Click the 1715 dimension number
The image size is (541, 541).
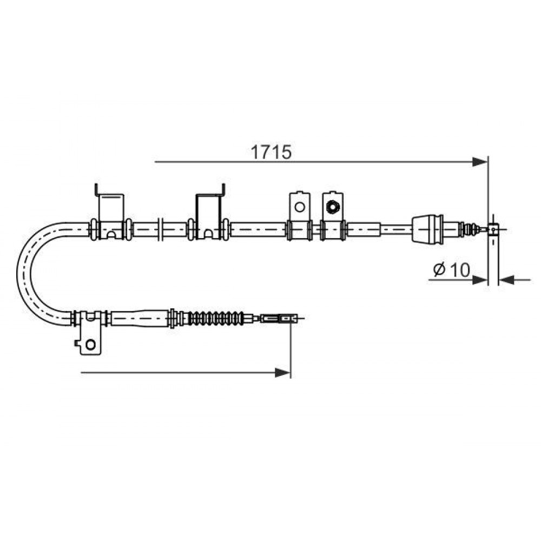point(271,152)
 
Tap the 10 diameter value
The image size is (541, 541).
point(460,269)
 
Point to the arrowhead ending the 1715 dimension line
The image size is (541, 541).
point(480,162)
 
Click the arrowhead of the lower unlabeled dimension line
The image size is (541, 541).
point(283,373)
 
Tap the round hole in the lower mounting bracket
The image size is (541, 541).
point(91,344)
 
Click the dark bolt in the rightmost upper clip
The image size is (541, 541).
point(333,207)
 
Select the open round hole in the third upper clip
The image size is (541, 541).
point(300,207)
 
